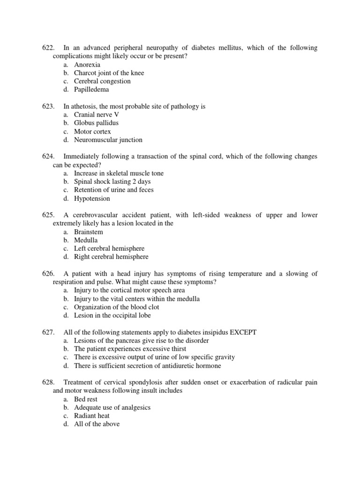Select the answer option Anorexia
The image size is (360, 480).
(x=87, y=65)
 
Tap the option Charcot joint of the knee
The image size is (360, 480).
(x=109, y=73)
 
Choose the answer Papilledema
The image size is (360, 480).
(x=91, y=90)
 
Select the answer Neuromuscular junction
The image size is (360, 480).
(x=108, y=140)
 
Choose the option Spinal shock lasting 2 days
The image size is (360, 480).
(x=112, y=181)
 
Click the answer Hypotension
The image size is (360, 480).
(x=92, y=198)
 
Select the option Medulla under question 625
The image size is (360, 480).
(x=86, y=240)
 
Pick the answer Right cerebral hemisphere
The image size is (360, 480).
(x=111, y=257)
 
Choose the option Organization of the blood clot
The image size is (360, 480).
(x=116, y=307)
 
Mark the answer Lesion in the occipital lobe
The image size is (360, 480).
(x=112, y=315)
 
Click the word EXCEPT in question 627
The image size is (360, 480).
(x=243, y=332)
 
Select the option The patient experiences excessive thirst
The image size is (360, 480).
(x=130, y=349)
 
